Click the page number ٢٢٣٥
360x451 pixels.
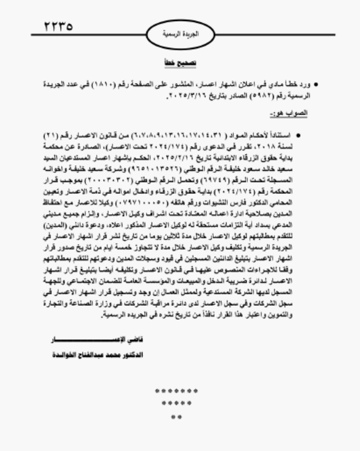tap(58, 26)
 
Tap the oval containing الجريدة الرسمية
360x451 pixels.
tap(181, 34)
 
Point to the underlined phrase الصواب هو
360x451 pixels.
tap(289, 113)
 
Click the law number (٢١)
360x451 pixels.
tap(51, 136)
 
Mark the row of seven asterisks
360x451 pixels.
tap(177, 391)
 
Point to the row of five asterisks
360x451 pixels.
tap(177, 403)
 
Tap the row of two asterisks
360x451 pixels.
tap(177, 417)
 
